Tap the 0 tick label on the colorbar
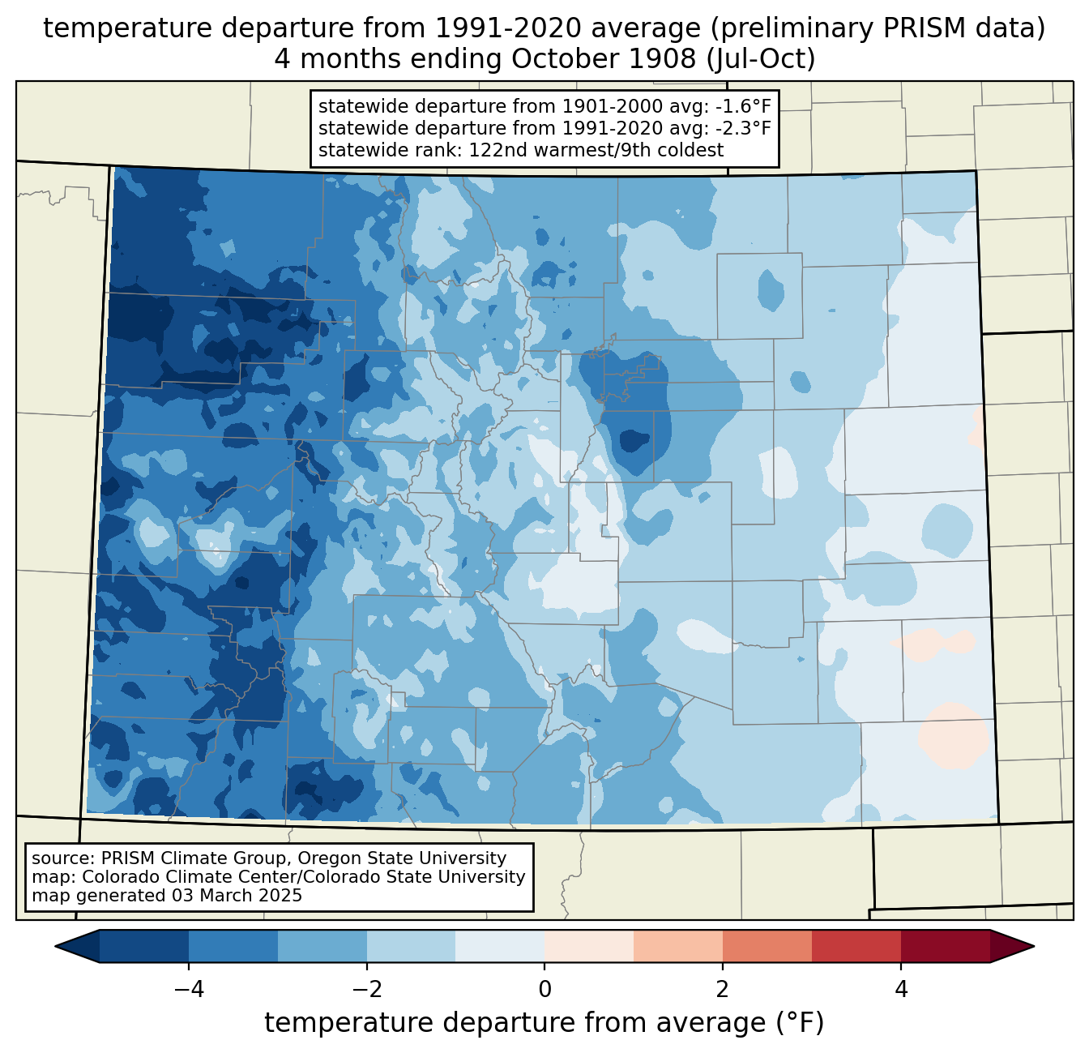click(x=544, y=990)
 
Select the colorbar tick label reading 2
click(x=723, y=990)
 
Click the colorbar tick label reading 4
click(x=901, y=990)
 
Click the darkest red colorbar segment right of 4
click(x=945, y=947)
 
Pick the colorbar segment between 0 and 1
click(x=589, y=947)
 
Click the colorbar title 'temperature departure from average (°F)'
click(x=544, y=1023)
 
